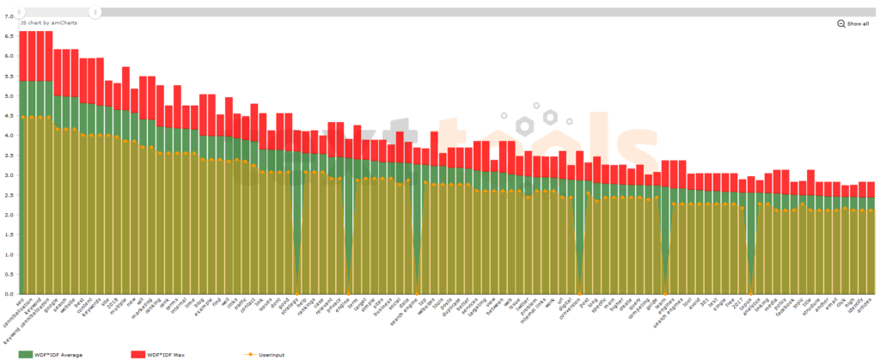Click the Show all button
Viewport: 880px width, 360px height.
pos(858,24)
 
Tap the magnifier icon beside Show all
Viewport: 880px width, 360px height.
pos(841,24)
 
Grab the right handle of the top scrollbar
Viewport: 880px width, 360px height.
pos(96,12)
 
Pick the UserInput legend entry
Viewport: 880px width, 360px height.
pos(270,353)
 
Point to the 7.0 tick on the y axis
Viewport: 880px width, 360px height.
pos(9,15)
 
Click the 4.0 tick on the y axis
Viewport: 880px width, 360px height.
pos(9,136)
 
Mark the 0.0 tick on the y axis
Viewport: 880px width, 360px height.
pos(9,295)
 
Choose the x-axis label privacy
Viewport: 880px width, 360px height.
pos(346,308)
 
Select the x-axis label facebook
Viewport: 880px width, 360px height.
pos(782,311)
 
